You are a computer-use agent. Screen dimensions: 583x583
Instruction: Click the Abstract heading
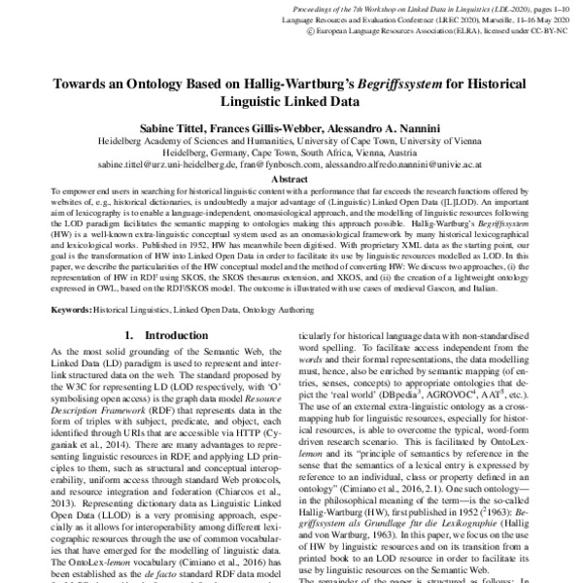pos(291,180)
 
